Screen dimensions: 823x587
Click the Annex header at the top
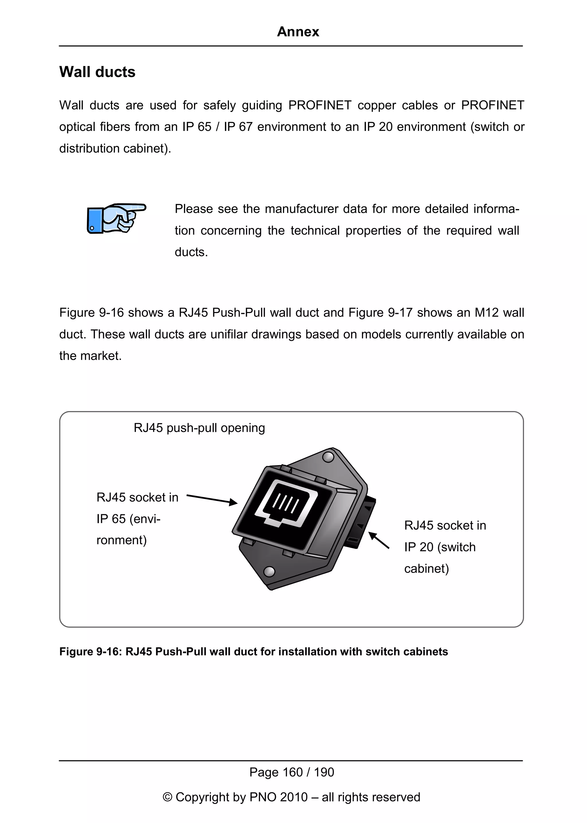pos(298,32)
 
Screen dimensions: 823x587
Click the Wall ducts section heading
pos(97,72)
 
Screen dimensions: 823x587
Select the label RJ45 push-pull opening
pos(199,428)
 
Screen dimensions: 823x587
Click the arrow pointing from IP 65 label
pos(212,499)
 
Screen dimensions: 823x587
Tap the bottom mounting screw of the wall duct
pos(269,571)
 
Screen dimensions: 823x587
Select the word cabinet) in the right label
pos(426,569)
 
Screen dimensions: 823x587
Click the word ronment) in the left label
pos(122,540)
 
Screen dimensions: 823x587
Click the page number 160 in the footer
pos(292,772)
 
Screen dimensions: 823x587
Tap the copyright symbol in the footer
pos(167,797)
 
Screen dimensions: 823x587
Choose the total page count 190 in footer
pos(324,772)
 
